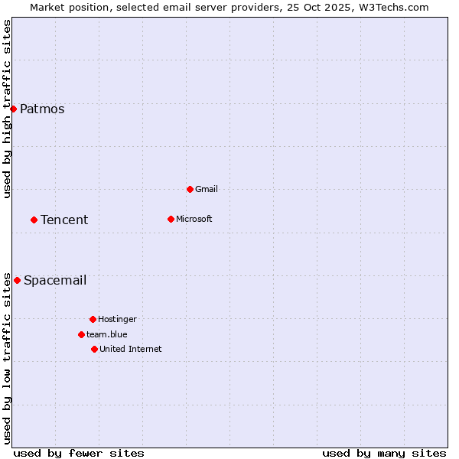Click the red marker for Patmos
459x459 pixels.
[x=13, y=109]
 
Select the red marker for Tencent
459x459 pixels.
[x=34, y=220]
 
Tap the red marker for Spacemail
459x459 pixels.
[x=17, y=280]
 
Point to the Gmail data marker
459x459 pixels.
[x=190, y=189]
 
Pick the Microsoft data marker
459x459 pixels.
[x=171, y=219]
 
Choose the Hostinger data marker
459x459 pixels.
[x=93, y=319]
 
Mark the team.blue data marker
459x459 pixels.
[x=81, y=334]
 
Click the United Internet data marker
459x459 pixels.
[x=94, y=349]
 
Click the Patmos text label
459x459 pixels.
[x=42, y=109]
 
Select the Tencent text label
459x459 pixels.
[x=64, y=220]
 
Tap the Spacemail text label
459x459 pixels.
[x=55, y=280]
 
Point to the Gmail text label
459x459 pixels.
[x=207, y=189]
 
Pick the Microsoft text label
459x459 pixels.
[x=194, y=219]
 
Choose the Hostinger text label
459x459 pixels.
[x=117, y=319]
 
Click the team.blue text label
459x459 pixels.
[x=107, y=334]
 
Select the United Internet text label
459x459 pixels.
[x=131, y=349]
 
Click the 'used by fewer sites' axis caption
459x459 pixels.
[x=79, y=453]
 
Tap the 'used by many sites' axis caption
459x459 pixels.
[x=384, y=453]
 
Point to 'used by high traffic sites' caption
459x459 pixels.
[x=7, y=109]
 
